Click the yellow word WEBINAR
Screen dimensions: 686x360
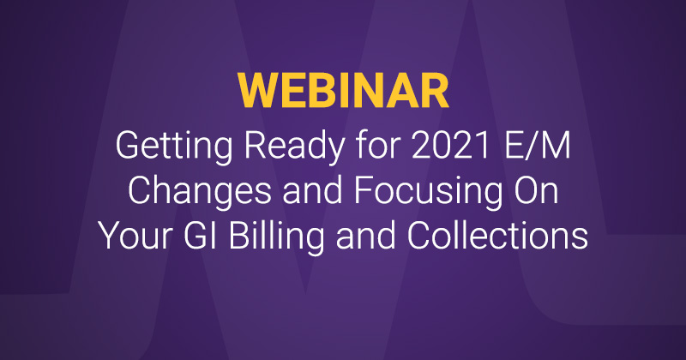pos(344,91)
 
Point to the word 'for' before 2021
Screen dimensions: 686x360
pos(378,145)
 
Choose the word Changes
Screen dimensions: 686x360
pos(199,191)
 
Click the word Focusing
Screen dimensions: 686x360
pos(428,191)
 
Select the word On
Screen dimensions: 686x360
pos(537,191)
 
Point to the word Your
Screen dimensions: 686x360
pos(135,236)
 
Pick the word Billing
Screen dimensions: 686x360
pos(276,237)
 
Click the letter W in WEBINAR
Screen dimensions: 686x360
pos(256,91)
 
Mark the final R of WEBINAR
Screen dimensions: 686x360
pos(435,91)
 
